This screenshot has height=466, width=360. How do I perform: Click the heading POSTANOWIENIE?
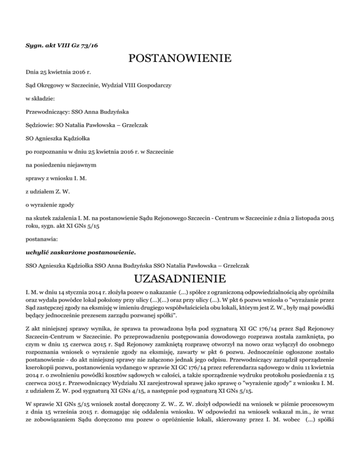180,59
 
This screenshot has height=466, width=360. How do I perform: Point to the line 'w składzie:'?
40,99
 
